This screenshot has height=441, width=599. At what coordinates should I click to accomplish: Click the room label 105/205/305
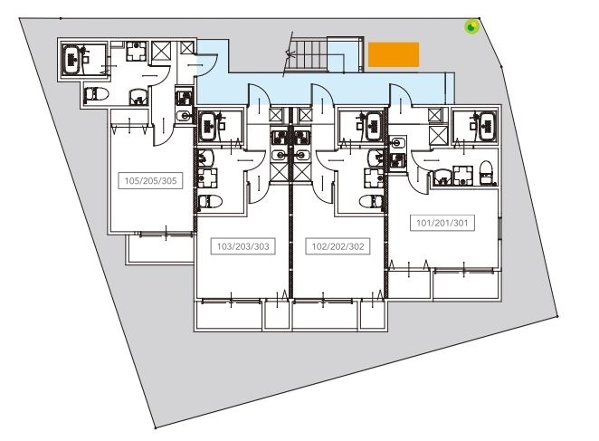point(150,180)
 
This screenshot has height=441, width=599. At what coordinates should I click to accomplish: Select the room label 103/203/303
point(243,246)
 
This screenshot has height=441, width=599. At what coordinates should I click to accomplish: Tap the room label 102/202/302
point(338,246)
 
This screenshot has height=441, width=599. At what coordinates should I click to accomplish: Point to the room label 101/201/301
point(442,223)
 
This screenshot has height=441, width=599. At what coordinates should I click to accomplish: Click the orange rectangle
point(394,54)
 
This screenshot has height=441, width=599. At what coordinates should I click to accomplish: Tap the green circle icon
point(471,26)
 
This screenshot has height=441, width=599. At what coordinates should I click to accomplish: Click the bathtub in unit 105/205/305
point(71,59)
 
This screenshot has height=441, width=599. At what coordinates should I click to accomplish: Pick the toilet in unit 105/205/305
point(96,93)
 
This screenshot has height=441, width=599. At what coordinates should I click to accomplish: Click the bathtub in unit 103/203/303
point(209,126)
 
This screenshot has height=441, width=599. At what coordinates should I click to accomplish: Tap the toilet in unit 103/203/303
point(211,201)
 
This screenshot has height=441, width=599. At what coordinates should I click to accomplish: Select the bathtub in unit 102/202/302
point(374,126)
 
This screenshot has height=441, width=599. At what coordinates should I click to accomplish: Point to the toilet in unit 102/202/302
point(371,201)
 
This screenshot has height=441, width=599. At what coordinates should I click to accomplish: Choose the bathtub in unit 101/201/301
point(488,126)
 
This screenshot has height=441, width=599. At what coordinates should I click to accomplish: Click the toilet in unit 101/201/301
point(486,172)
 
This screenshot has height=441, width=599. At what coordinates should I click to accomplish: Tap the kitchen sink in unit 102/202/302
point(302,155)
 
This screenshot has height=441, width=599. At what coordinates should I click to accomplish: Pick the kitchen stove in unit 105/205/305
point(184,98)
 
